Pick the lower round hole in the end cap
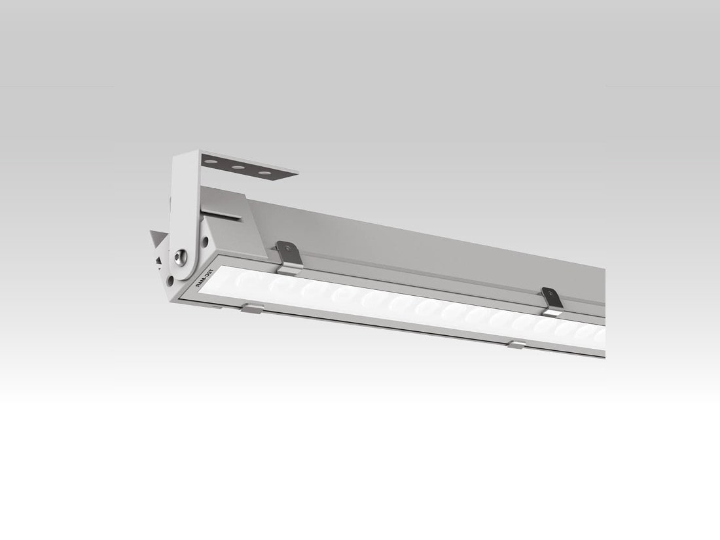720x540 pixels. tap(170, 280)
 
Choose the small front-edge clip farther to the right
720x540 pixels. tap(516, 344)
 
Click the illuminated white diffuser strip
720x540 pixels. tap(406, 308)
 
